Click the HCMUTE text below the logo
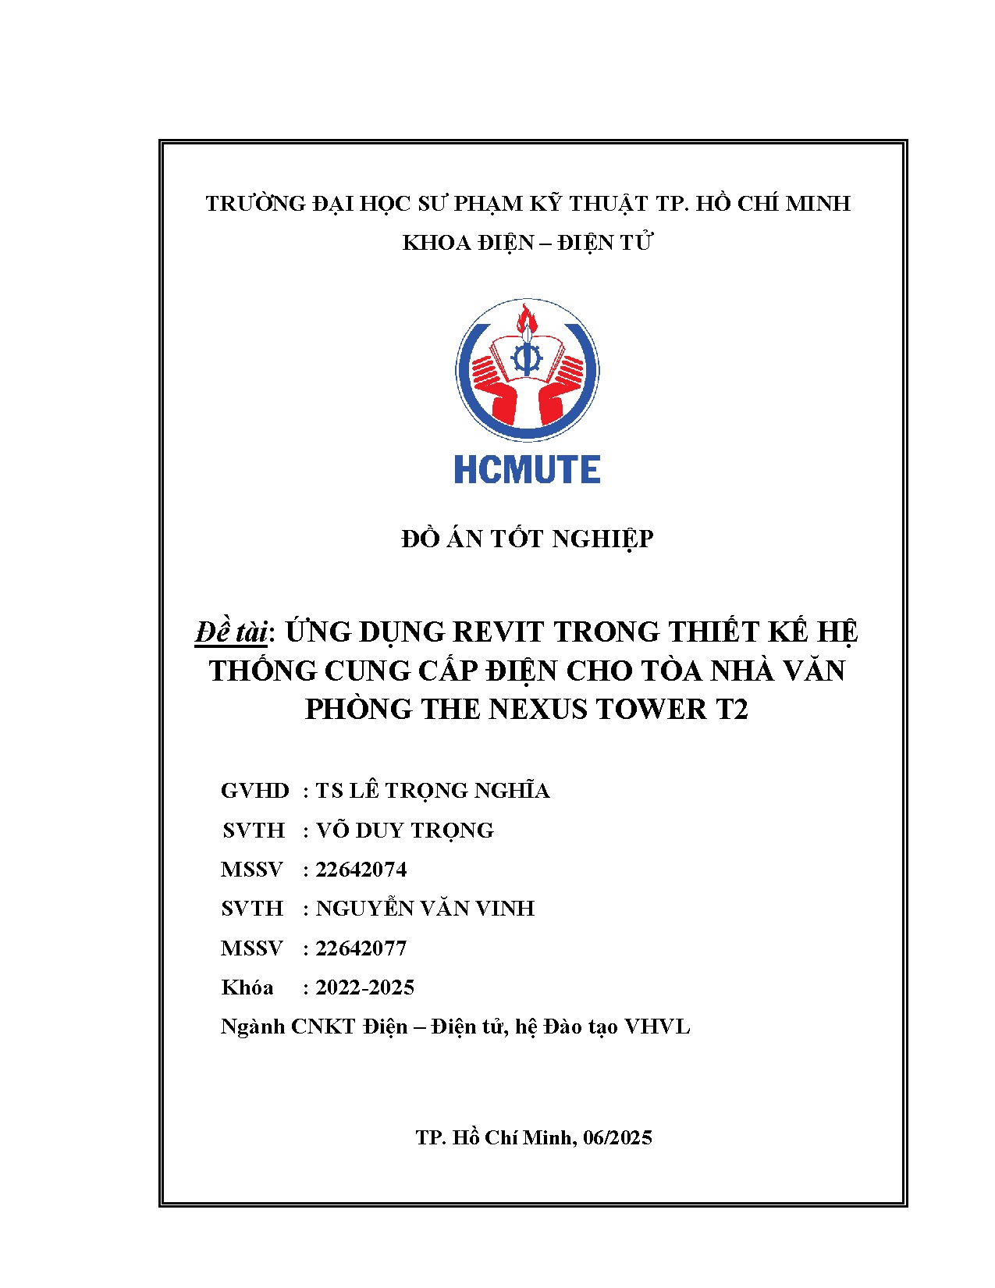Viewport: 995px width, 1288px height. click(527, 470)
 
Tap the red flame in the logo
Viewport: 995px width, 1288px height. click(525, 319)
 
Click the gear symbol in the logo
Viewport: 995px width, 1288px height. click(526, 358)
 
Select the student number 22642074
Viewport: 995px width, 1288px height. click(361, 870)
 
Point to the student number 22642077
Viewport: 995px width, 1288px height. click(361, 948)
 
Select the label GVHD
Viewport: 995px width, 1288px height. click(254, 791)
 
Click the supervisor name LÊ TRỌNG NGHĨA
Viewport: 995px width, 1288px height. click(449, 791)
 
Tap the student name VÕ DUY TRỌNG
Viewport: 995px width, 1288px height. click(405, 831)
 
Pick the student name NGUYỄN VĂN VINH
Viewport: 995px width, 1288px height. click(425, 909)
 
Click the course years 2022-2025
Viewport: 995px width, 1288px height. click(364, 987)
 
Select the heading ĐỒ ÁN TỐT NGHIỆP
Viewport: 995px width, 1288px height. click(527, 539)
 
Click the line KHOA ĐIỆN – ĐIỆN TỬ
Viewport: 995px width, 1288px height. click(527, 243)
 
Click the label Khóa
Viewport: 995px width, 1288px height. click(247, 987)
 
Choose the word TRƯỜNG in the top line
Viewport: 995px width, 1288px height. click(255, 204)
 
